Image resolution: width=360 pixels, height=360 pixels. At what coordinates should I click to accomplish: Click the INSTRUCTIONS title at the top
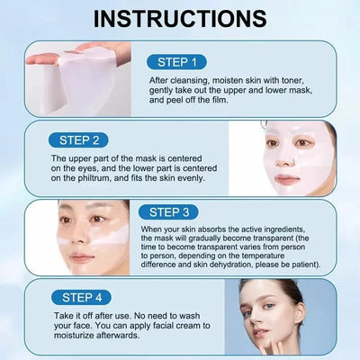pyautogui.click(x=179, y=18)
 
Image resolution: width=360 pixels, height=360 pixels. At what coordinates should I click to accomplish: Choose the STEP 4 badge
pyautogui.click(x=81, y=297)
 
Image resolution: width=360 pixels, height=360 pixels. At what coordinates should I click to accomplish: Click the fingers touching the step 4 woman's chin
pyautogui.click(x=273, y=337)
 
